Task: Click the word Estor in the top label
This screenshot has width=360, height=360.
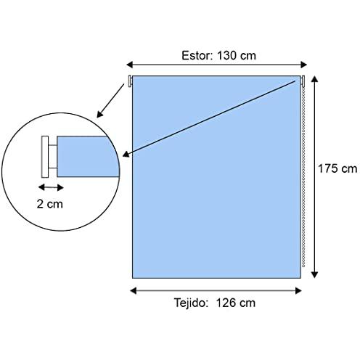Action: [197, 55]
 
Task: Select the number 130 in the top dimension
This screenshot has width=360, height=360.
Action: [226, 55]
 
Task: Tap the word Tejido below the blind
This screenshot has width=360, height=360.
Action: [191, 303]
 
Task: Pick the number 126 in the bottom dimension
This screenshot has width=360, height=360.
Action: [226, 303]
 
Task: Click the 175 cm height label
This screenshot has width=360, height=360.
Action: [337, 168]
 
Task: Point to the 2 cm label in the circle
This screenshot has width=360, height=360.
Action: [50, 204]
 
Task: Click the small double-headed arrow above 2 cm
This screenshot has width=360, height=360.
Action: [51, 187]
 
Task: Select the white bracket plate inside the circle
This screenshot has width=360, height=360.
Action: [45, 157]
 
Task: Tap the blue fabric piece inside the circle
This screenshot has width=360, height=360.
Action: [87, 157]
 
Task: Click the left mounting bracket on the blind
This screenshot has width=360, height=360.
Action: [130, 81]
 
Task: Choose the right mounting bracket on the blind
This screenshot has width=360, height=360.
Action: [303, 81]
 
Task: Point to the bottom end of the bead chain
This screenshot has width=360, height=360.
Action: [303, 266]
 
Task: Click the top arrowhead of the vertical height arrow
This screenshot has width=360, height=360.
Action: [314, 78]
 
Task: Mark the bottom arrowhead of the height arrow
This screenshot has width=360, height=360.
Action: [314, 274]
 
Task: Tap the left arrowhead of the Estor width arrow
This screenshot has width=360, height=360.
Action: [129, 65]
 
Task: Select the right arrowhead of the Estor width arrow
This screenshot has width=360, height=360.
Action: [303, 65]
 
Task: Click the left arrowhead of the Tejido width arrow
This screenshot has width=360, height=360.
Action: [134, 290]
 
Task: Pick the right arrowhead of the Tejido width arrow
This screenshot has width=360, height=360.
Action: [298, 290]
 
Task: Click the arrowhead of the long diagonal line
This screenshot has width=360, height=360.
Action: [126, 155]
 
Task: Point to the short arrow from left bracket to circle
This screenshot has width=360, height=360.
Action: [110, 101]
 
